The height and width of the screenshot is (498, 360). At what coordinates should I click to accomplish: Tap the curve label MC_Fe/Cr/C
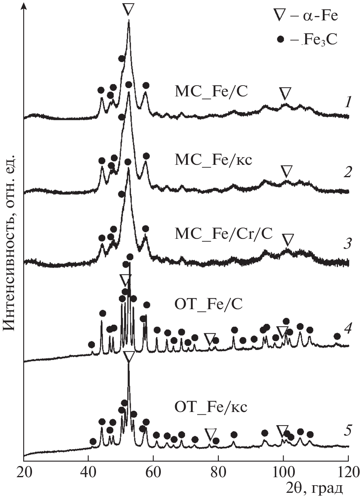[x=224, y=233]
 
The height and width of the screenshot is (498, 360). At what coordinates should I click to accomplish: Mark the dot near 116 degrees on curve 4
[x=337, y=336]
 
